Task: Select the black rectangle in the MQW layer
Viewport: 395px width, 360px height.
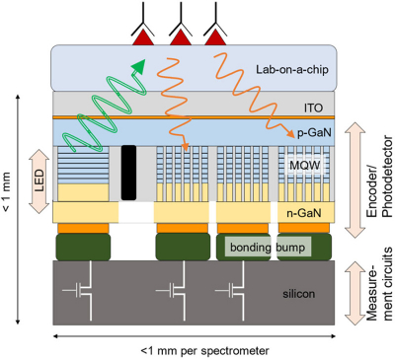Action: (127, 171)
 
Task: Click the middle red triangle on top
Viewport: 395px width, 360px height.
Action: (181, 36)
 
